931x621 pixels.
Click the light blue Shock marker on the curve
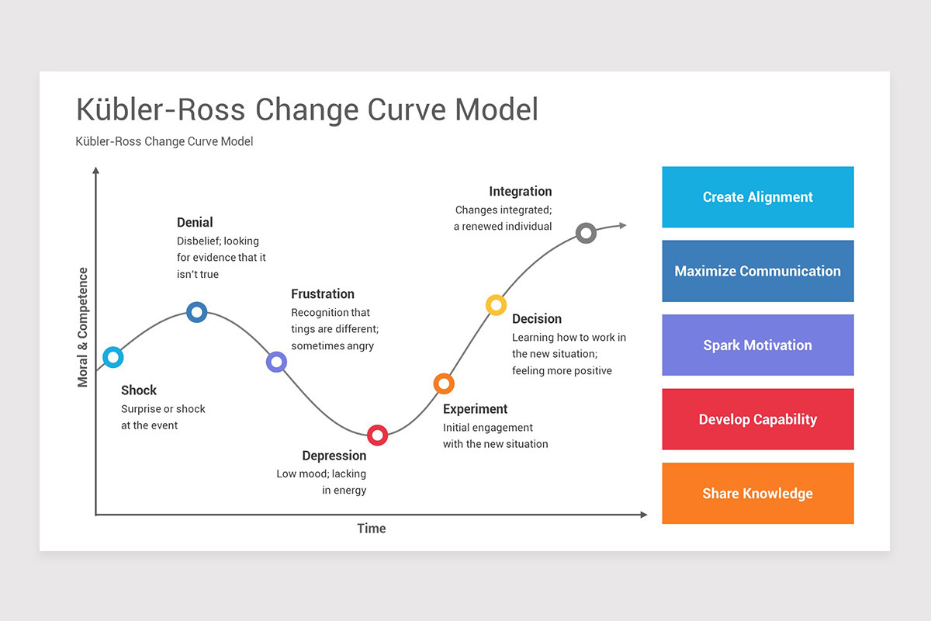[x=113, y=357]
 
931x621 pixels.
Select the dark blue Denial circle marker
[x=197, y=312]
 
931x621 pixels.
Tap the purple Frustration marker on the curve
[x=276, y=362]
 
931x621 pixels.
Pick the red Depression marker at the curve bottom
[x=377, y=435]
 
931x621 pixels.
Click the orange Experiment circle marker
[x=443, y=383]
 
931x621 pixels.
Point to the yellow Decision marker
[x=496, y=305]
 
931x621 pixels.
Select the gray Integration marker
[x=587, y=232]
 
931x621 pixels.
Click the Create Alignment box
[x=757, y=197]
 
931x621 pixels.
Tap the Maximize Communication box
[x=757, y=271]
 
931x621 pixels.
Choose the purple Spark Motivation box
[x=757, y=345]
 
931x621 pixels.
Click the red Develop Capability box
[x=757, y=419]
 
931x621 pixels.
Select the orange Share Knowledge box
[x=757, y=494]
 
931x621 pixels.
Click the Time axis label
[x=371, y=529]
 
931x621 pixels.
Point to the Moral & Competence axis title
[x=83, y=328]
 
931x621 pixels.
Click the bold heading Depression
[x=334, y=456]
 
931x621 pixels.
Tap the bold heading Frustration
[x=322, y=293]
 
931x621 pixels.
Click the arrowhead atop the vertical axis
[x=95, y=170]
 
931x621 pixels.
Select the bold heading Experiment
[x=475, y=409]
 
